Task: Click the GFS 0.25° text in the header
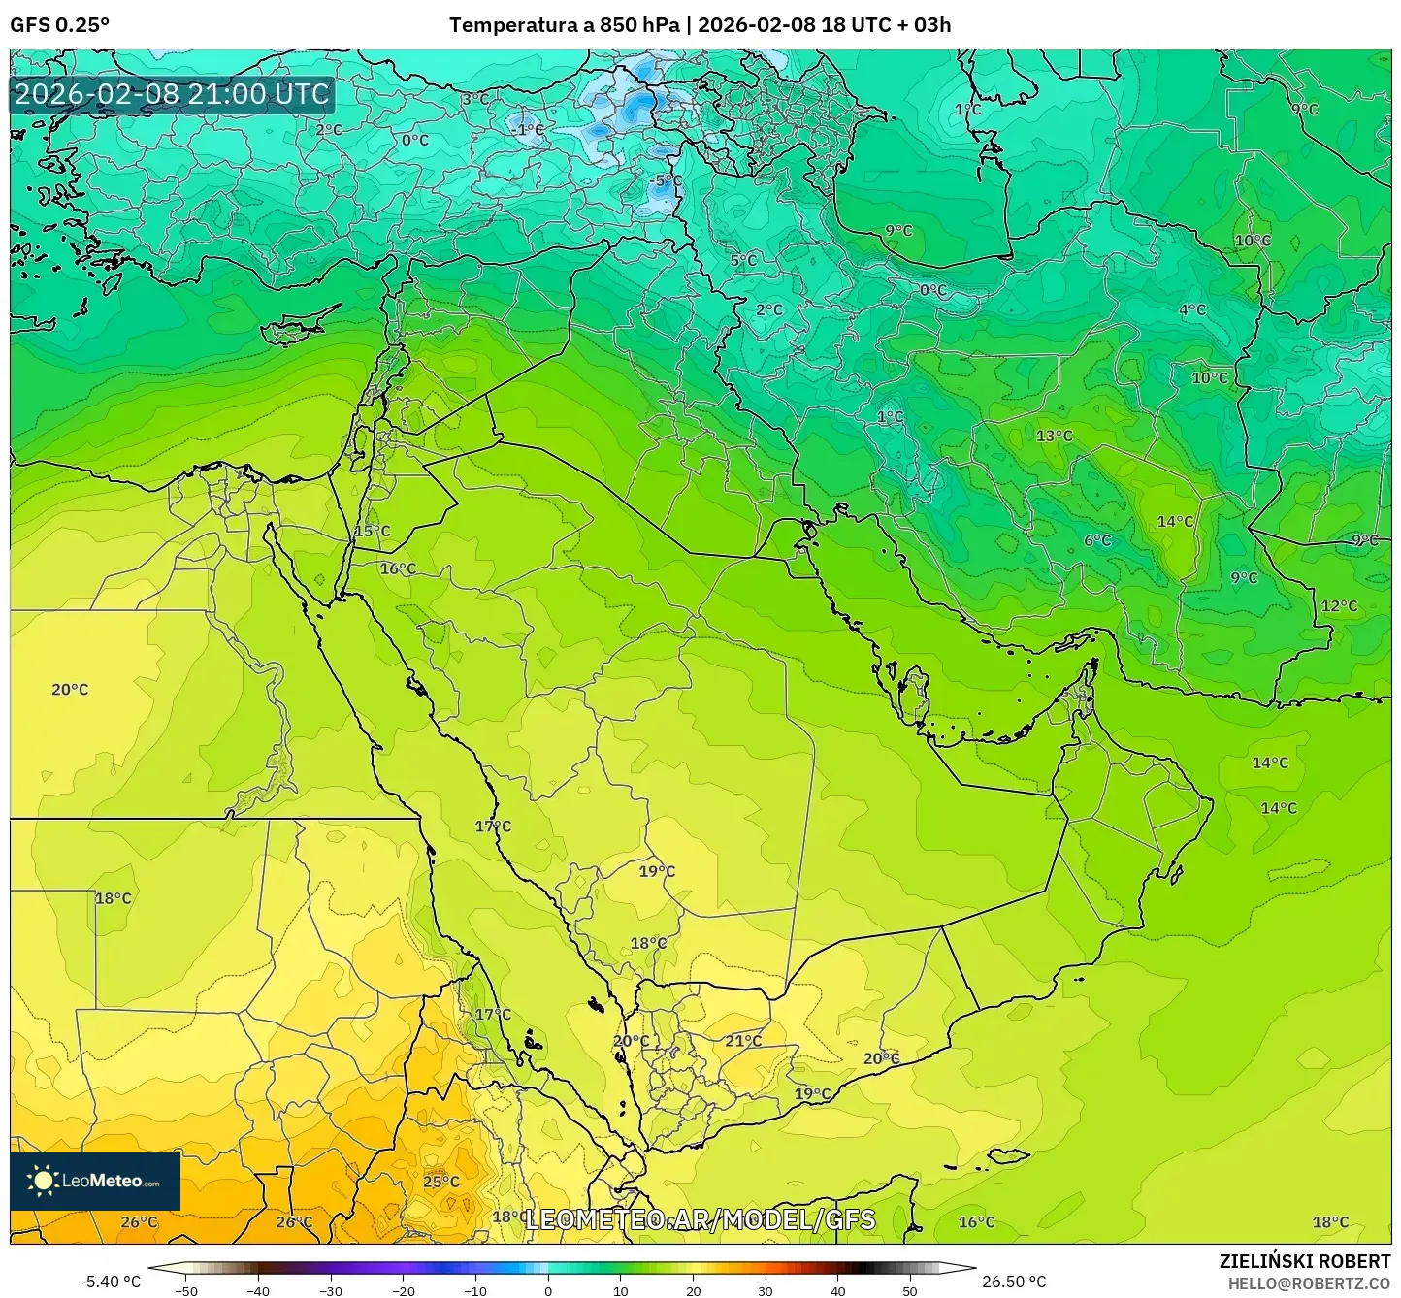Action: pos(59,25)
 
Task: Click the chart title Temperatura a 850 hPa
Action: pos(564,25)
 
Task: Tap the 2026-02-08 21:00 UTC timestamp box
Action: pos(172,94)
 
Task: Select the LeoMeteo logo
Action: pos(95,1181)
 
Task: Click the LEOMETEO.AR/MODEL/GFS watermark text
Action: pos(700,1219)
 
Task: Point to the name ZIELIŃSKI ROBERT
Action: pos(1304,1261)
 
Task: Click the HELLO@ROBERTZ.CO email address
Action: pos(1309,1282)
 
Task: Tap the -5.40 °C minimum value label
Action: pos(110,1282)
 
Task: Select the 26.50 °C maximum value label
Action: pos(1014,1282)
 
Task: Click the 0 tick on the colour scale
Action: pos(548,1290)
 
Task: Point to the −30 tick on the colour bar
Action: pos(331,1290)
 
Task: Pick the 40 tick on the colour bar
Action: pos(838,1290)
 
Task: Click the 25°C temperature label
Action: pos(440,1182)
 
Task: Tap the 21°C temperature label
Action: pos(743,1041)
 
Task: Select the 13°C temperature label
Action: pos(1054,437)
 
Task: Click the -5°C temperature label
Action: pos(667,181)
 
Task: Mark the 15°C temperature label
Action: pos(372,532)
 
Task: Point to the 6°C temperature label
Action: pos(1097,540)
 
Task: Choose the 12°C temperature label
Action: pos(1339,606)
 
